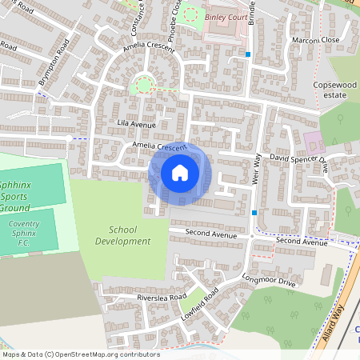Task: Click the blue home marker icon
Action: (180, 173)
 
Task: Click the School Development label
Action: (116, 235)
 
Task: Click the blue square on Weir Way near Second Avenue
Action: (254, 213)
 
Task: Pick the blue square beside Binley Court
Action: (249, 54)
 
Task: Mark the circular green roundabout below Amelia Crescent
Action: (145, 84)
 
